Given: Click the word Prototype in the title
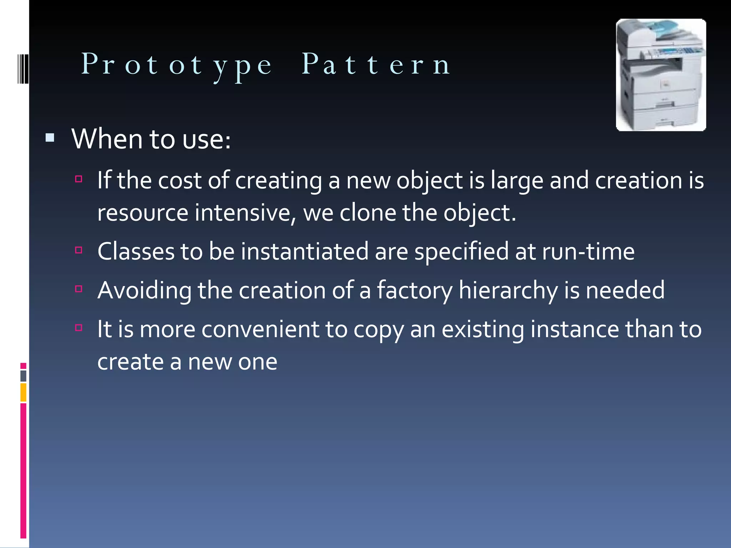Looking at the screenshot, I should [x=177, y=65].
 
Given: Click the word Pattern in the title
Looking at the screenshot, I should [x=376, y=65].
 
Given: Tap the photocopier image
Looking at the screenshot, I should [x=661, y=75].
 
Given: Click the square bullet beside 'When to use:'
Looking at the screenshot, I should [x=50, y=138].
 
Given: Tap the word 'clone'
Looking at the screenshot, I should [x=368, y=213].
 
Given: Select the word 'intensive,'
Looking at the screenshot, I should [x=246, y=213].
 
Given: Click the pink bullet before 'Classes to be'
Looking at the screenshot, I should [x=79, y=250].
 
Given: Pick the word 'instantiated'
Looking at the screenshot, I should [x=304, y=251].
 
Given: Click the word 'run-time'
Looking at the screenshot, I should [x=588, y=251].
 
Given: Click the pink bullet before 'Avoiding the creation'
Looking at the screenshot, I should [x=79, y=288].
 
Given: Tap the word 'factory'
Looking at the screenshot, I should [x=414, y=290].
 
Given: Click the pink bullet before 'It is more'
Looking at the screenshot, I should [x=79, y=327].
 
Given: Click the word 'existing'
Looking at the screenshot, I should [x=483, y=329].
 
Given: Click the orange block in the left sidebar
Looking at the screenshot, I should [x=23, y=392].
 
